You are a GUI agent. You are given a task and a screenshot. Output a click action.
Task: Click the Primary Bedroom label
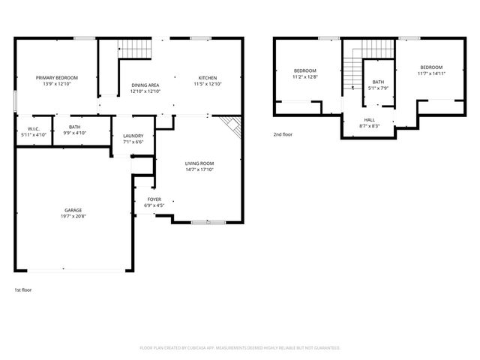[x=57, y=77]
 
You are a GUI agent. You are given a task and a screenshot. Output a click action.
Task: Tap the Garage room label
[x=73, y=210]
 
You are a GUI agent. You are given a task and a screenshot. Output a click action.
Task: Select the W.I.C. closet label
[x=34, y=128]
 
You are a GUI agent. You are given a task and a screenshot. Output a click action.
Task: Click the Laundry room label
[x=133, y=135]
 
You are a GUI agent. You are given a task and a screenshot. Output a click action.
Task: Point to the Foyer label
[x=154, y=199]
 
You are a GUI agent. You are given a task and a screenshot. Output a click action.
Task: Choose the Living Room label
[x=200, y=163]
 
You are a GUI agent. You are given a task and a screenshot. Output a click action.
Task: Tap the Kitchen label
[x=208, y=78]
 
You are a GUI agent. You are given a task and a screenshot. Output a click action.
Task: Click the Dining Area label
[x=145, y=85]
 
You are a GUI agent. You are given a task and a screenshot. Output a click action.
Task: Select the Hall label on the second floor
[x=370, y=119]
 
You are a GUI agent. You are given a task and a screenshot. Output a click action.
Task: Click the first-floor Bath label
[x=75, y=127]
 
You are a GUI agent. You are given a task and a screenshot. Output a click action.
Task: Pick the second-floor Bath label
[x=378, y=82]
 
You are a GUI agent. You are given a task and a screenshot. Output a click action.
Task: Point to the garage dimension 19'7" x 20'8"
[x=73, y=216]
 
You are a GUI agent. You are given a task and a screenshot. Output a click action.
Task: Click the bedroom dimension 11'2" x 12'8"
[x=304, y=76]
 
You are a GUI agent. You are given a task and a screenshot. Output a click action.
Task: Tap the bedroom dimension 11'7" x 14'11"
[x=431, y=73]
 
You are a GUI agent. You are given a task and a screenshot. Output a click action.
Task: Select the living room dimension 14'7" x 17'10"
[x=200, y=169]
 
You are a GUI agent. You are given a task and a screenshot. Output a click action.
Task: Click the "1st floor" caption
[x=22, y=289]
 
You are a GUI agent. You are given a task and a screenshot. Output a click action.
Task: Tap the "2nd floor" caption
[x=283, y=135]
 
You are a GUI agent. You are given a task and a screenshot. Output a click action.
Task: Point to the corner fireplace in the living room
[x=233, y=126]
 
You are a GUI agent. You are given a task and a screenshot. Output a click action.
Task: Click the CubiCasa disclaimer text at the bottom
[x=240, y=348]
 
